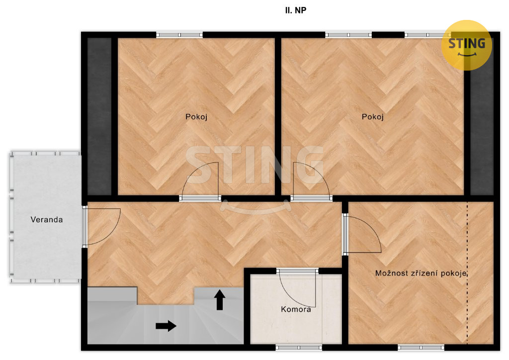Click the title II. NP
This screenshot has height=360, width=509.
coord(295,10)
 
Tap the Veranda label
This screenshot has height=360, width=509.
coord(46,220)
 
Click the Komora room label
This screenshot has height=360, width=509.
coord(296,309)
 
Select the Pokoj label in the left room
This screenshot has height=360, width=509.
coord(196,117)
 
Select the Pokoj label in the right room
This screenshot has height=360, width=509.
coord(373,117)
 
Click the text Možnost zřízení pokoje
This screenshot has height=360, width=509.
coord(421,273)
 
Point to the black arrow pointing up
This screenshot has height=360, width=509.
coord(220,300)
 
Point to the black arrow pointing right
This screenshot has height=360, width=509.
coord(166,326)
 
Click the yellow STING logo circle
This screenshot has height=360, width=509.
coord(466,45)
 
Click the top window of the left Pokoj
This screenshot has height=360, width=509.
coord(179,35)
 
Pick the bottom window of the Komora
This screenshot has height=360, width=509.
coord(299,348)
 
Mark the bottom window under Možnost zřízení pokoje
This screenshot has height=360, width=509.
coord(421,348)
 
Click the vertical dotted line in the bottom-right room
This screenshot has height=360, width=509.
coord(467,272)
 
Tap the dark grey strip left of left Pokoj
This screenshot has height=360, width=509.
coord(99,116)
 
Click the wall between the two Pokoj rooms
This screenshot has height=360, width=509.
coord(278,116)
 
